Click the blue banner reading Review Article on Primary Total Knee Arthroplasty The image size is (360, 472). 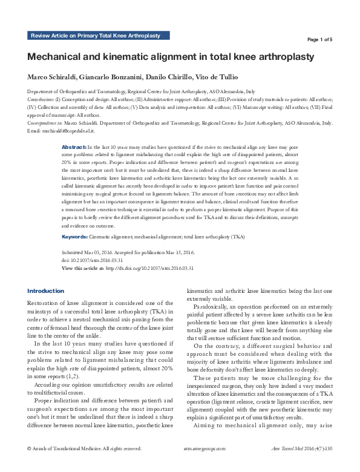[96, 36]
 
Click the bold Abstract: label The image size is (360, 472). [74, 147]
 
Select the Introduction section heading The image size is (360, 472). [45, 290]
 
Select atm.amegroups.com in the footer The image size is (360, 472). [204, 466]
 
